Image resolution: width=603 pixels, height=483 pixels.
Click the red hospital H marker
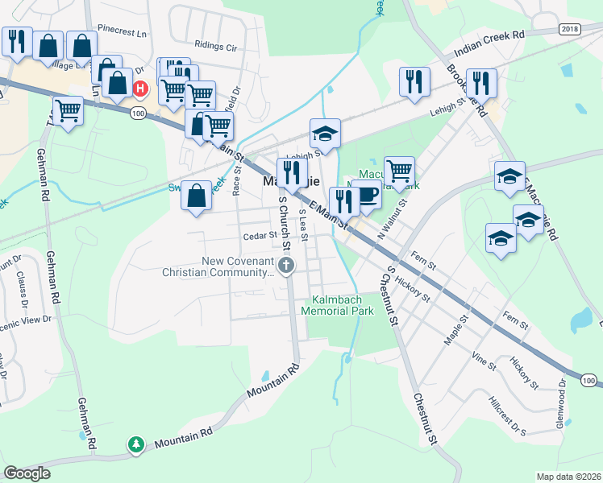pos(141,88)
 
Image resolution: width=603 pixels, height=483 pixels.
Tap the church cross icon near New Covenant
pos(285,265)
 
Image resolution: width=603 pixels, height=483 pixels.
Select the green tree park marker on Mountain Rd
pos(136,444)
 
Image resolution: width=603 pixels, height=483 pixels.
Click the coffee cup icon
pos(366,195)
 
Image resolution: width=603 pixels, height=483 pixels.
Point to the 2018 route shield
pos(569,29)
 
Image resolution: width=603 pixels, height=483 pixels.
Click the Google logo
pos(27,473)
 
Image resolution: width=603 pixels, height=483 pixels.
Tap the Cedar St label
pos(260,237)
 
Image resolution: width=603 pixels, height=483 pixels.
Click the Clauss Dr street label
pos(23,287)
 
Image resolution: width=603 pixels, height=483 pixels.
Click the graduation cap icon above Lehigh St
pos(325,133)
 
